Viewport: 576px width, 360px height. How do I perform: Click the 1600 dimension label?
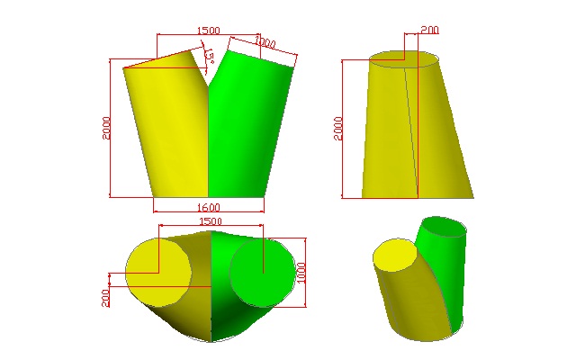(209, 207)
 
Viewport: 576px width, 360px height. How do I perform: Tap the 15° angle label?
(210, 56)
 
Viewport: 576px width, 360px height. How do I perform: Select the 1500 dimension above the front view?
(208, 30)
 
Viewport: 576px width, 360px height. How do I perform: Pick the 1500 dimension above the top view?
(211, 220)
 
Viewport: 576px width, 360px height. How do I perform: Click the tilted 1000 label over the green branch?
(265, 42)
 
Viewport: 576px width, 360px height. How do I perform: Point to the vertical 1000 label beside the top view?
(301, 273)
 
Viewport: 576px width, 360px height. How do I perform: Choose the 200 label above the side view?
(430, 30)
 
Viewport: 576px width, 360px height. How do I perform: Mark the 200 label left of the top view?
(105, 298)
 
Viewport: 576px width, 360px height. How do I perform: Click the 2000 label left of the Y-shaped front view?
(106, 128)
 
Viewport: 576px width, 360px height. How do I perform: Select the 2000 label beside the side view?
(338, 129)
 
